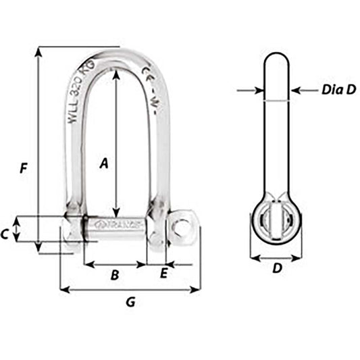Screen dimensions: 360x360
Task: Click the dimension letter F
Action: click(24, 168)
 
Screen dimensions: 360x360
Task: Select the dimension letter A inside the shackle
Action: click(104, 163)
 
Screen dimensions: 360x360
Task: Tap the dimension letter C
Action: click(5, 234)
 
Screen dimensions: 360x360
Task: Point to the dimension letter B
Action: click(115, 275)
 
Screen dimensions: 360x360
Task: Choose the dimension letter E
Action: click(163, 274)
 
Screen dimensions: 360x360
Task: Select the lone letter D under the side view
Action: click(276, 269)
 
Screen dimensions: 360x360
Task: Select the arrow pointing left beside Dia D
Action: click(295, 89)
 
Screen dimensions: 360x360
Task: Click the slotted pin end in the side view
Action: click(276, 222)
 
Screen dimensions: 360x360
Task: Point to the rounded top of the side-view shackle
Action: click(276, 59)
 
